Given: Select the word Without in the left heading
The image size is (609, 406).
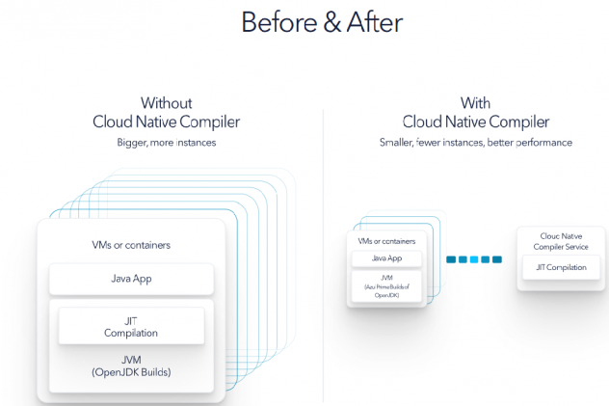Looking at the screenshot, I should click(167, 103).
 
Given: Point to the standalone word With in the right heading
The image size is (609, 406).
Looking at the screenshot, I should click(476, 103).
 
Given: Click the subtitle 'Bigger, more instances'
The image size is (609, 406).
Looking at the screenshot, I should click(167, 143).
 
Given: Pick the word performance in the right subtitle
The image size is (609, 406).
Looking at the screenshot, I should click(543, 143).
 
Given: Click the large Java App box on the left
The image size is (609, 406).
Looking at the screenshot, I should click(131, 279).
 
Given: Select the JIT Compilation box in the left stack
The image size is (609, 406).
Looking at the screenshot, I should click(131, 326).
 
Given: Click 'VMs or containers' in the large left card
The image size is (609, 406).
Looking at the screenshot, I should click(131, 245).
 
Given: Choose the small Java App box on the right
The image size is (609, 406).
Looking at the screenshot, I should click(386, 258).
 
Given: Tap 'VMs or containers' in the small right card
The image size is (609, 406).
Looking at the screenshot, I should click(386, 241).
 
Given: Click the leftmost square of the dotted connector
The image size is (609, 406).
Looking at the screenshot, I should click(450, 258).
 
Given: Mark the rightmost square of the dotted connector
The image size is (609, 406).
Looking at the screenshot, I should click(497, 258).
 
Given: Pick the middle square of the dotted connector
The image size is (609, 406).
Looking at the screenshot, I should click(473, 258).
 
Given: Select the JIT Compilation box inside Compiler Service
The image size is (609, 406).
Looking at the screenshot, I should click(561, 267).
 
